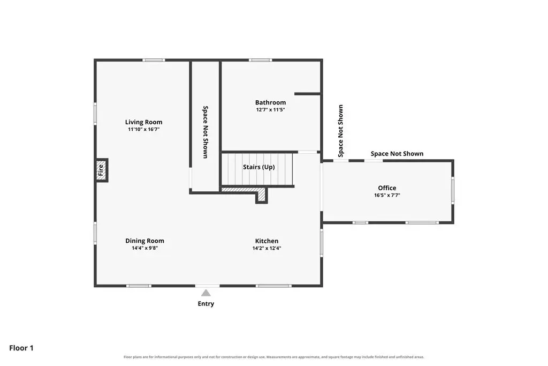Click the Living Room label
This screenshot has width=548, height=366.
click(x=143, y=122)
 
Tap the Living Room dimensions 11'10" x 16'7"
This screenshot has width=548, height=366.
click(x=143, y=130)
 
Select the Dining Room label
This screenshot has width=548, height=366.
click(x=144, y=241)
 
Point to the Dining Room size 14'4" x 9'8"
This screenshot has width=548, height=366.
click(x=144, y=248)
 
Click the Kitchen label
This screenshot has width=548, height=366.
click(x=267, y=241)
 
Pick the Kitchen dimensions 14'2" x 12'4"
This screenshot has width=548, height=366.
click(x=267, y=248)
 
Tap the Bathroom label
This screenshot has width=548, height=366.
click(x=270, y=102)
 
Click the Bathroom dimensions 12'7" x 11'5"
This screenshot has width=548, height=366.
click(x=270, y=109)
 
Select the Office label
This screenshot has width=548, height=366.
click(x=387, y=188)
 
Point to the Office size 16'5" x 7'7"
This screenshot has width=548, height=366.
click(x=387, y=195)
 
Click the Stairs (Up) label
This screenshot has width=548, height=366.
click(x=259, y=167)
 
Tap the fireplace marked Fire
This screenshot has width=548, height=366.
click(x=101, y=170)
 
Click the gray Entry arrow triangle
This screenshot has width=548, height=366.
click(x=206, y=293)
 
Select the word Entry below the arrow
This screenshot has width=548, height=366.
click(x=206, y=304)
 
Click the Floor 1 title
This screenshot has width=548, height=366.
click(x=21, y=348)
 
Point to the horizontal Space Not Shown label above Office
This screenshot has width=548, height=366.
click(x=397, y=154)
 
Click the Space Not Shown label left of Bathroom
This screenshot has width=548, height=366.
click(x=205, y=132)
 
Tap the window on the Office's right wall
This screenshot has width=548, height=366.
click(x=453, y=190)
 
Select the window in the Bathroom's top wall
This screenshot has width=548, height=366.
click(x=261, y=60)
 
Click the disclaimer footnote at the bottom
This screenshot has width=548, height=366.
click(x=273, y=357)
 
